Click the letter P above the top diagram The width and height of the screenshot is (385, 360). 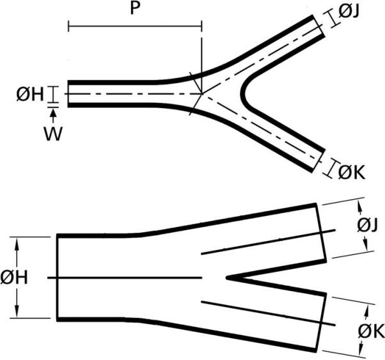click(135, 9)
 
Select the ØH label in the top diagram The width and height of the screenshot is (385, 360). click(30, 95)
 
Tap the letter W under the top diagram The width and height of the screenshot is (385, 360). click(54, 134)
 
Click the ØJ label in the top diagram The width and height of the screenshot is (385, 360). click(349, 12)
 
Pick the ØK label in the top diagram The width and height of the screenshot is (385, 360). click(352, 173)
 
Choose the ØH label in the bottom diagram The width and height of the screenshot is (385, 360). click(14, 278)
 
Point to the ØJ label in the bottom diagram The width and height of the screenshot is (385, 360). click(367, 226)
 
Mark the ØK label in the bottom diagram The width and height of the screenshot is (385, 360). click(371, 331)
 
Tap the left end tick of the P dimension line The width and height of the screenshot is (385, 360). click(68, 26)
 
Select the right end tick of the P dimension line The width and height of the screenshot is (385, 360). click(201, 26)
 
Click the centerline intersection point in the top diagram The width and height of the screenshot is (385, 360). click(202, 93)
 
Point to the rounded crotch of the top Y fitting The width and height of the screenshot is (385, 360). click(243, 93)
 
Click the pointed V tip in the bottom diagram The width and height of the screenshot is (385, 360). click(228, 278)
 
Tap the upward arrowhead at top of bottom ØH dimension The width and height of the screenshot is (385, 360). click(17, 242)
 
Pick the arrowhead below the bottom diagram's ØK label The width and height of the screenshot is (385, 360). click(361, 348)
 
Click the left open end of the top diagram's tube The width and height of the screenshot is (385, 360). click(68, 94)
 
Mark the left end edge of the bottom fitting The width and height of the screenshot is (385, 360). click(58, 278)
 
